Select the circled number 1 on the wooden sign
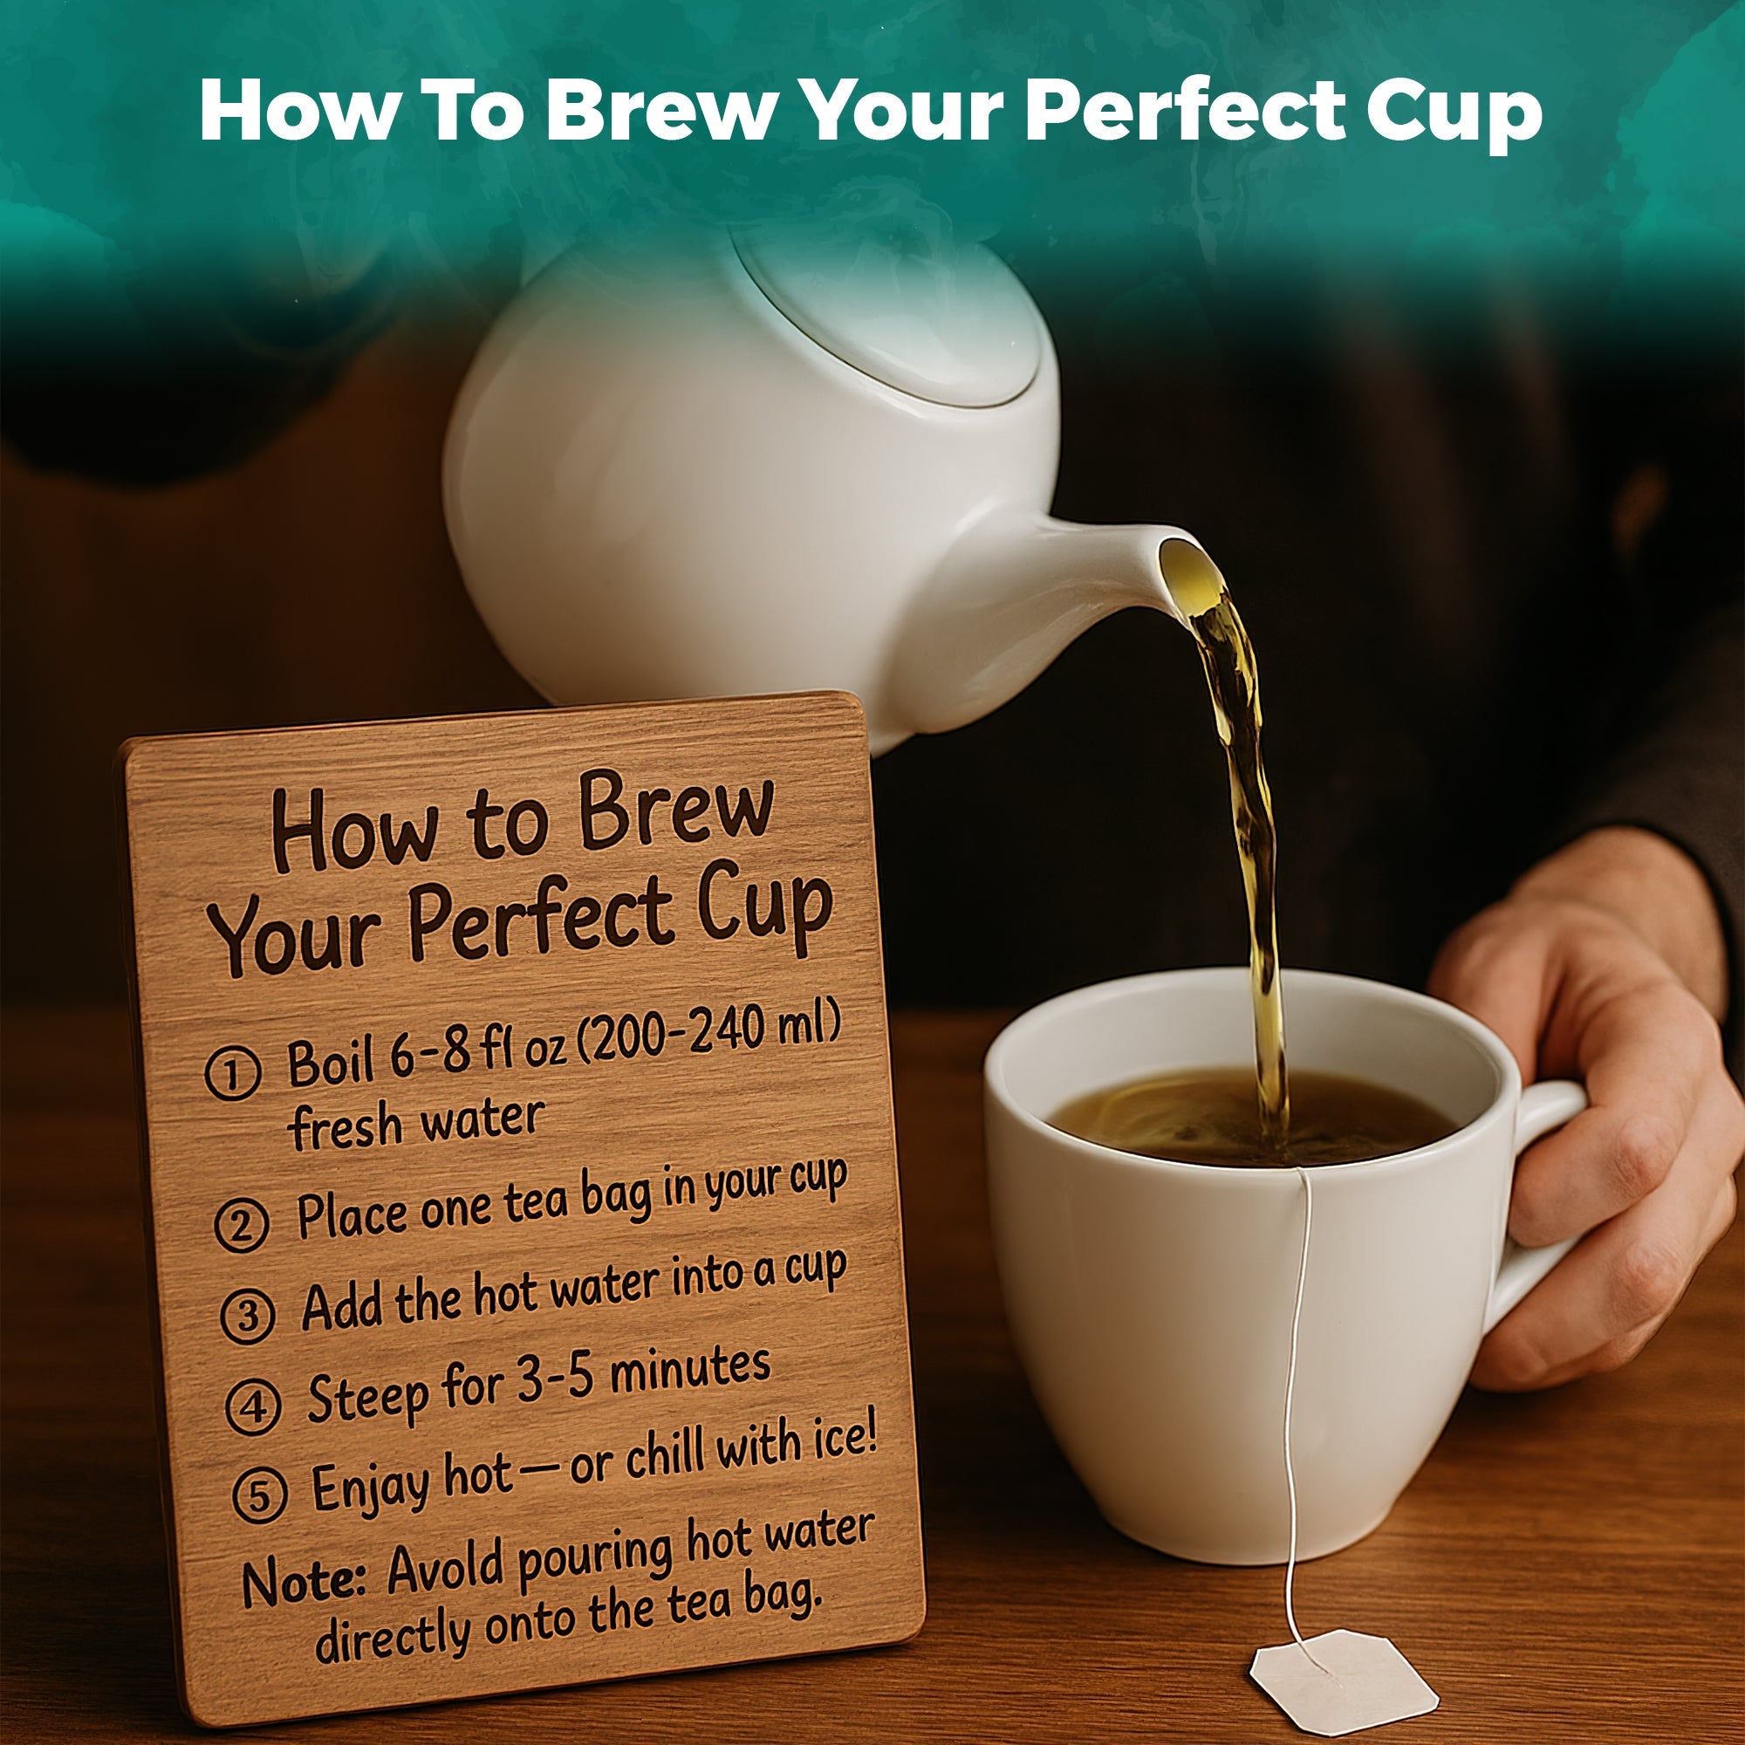click(232, 1074)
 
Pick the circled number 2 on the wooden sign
click(242, 1224)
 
